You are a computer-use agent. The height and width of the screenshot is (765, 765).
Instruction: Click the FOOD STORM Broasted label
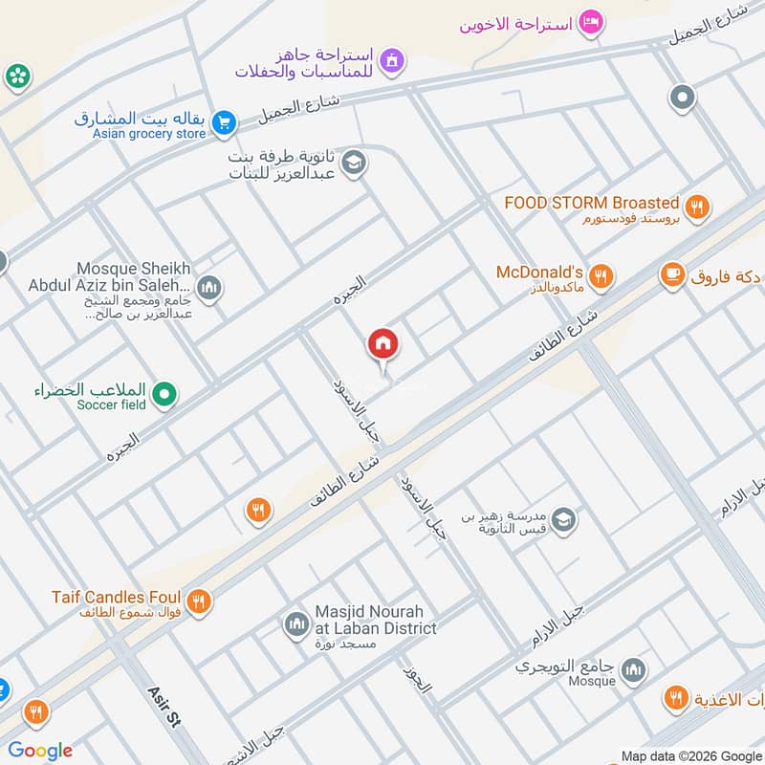pos(591,203)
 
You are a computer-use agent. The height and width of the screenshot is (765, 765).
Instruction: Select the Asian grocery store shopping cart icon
pos(224,122)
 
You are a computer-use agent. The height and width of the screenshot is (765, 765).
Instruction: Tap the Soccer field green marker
pos(164,393)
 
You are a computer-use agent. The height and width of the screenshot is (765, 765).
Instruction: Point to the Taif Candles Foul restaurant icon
pos(198,601)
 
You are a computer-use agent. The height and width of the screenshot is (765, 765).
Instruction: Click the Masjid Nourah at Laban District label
pos(376,620)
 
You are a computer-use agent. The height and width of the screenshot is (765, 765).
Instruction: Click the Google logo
pos(40,751)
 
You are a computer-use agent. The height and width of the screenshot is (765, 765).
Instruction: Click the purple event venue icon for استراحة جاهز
pos(389,63)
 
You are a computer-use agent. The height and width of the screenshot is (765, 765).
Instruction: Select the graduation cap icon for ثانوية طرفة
pos(353,164)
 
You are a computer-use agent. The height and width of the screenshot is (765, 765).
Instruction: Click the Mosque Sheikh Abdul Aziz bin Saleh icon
pos(209,287)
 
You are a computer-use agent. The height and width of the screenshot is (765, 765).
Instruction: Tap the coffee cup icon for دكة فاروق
pos(672,275)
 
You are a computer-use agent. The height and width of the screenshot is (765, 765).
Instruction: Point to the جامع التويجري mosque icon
pos(632,672)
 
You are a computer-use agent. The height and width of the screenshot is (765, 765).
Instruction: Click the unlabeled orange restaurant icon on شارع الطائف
pos(257,511)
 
